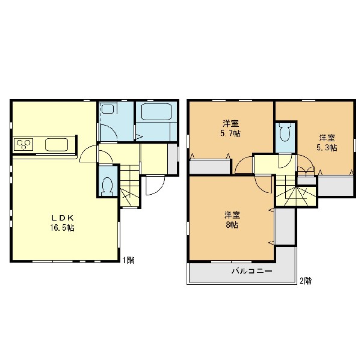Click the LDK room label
(x=62, y=218)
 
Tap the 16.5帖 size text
(x=62, y=228)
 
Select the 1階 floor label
(x=128, y=260)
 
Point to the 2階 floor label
(x=306, y=281)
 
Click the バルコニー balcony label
(x=251, y=271)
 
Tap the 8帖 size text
(x=232, y=225)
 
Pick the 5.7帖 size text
(x=230, y=133)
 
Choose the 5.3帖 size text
(x=327, y=148)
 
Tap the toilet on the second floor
(x=285, y=132)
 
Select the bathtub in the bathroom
(x=156, y=112)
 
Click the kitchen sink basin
(x=57, y=145)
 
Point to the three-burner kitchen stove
(x=23, y=144)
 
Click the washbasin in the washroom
(x=108, y=109)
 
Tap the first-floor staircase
(x=130, y=185)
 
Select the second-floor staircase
(x=296, y=191)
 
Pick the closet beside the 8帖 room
(x=285, y=227)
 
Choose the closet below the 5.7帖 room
(x=210, y=166)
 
